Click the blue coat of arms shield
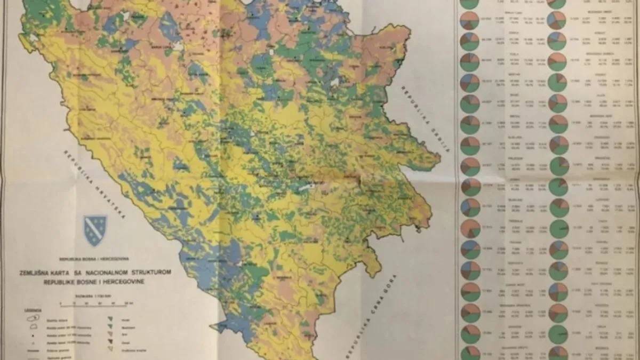pos(95,230)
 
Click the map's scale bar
pos(97,302)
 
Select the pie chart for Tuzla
pos(469,62)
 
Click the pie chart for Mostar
pos(469,83)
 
